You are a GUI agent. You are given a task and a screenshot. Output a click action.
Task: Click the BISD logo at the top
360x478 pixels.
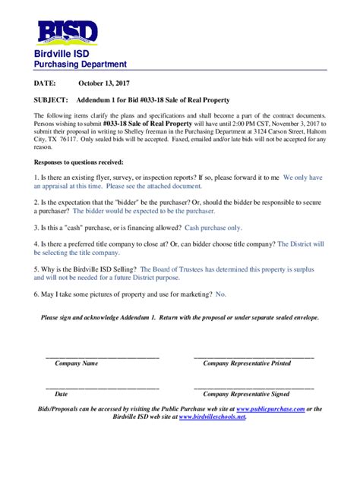click(x=68, y=33)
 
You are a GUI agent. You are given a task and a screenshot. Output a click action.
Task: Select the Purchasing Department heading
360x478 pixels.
click(x=80, y=65)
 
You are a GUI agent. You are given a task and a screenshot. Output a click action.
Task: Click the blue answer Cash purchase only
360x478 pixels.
click(x=213, y=227)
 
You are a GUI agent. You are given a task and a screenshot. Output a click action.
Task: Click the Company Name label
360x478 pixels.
click(x=76, y=363)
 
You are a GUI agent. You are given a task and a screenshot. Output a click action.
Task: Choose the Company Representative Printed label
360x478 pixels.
click(x=246, y=363)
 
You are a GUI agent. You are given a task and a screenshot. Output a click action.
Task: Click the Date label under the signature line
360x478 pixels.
click(x=62, y=395)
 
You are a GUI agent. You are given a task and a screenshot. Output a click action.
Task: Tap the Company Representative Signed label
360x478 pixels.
click(x=246, y=395)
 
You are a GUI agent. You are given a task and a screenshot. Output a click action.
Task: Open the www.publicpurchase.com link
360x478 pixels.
click(x=270, y=409)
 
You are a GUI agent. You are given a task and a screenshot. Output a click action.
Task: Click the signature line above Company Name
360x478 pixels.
click(x=103, y=357)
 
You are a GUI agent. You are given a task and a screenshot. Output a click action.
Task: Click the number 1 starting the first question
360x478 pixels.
click(x=36, y=177)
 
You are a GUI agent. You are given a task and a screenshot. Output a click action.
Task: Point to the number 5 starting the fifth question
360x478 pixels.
click(x=36, y=269)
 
